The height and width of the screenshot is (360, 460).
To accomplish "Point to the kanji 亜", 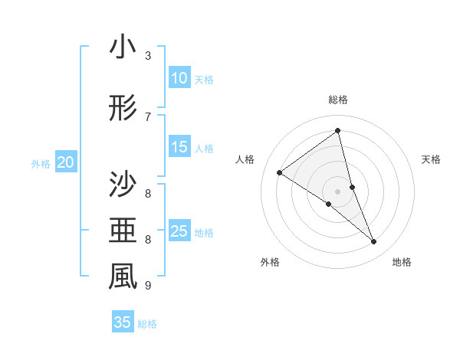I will (123, 229).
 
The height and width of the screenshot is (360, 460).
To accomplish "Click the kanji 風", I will (123, 277).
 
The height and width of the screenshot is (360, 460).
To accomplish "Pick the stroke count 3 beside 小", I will (148, 55).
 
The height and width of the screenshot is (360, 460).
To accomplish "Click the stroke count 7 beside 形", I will (148, 116).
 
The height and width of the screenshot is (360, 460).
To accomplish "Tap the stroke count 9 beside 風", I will (148, 286).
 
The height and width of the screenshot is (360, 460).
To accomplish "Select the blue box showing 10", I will (179, 78).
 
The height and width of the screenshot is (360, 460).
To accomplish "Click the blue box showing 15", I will (179, 147).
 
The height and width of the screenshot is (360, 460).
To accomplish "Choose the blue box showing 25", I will (179, 231).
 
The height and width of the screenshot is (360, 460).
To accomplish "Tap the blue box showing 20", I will (66, 162).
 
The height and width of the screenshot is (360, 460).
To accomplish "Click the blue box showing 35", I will (123, 322).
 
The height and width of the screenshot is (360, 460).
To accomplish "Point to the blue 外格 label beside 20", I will (41, 163).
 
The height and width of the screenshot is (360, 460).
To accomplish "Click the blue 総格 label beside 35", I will (147, 324).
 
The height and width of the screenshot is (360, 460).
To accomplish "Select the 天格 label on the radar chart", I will (431, 159).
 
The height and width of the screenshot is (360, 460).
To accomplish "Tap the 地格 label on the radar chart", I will (402, 262).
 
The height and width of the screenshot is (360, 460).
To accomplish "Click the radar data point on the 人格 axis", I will (280, 172).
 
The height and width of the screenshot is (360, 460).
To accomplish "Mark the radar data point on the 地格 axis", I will (374, 242).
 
